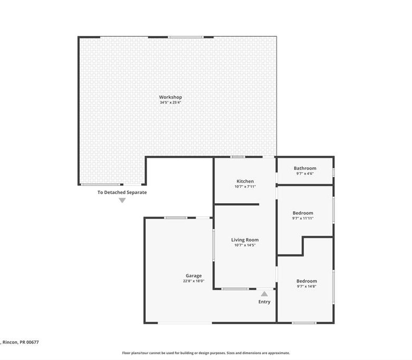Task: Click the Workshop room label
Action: (x=170, y=97)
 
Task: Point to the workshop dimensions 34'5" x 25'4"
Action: (x=171, y=102)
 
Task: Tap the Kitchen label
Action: (x=245, y=181)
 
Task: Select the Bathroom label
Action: (x=305, y=168)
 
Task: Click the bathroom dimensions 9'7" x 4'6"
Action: (x=305, y=174)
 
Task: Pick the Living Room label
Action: (x=245, y=240)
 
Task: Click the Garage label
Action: (x=194, y=276)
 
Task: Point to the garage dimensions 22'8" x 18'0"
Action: (x=194, y=281)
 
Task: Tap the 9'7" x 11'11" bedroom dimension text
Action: (x=303, y=218)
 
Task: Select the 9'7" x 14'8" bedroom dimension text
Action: (x=307, y=287)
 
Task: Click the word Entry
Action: (x=264, y=302)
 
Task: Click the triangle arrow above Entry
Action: (x=264, y=294)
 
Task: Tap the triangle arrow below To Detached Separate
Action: (x=122, y=201)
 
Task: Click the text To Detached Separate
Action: (x=122, y=193)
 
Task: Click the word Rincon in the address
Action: (x=10, y=342)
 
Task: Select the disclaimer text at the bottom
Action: (x=206, y=353)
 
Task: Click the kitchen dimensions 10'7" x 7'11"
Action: (x=245, y=187)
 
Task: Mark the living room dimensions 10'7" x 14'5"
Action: (x=245, y=245)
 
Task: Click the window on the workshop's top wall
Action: (x=186, y=37)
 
